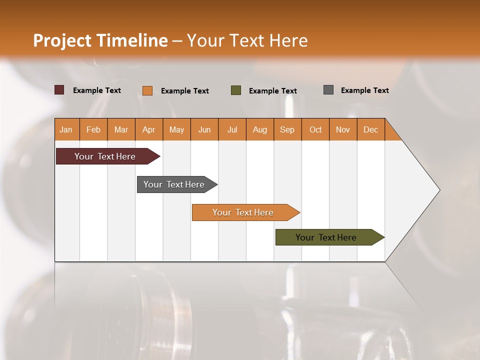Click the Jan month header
(66, 129)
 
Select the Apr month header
(149, 129)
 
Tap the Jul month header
(232, 129)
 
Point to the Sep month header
(287, 129)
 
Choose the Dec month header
(370, 129)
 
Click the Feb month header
(93, 129)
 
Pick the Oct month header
(315, 129)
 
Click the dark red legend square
(59, 90)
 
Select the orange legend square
(147, 90)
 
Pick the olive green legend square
(236, 90)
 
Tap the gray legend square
(328, 90)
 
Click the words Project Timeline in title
(100, 40)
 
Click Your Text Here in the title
(247, 40)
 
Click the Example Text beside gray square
(364, 90)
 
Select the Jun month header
(204, 129)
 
